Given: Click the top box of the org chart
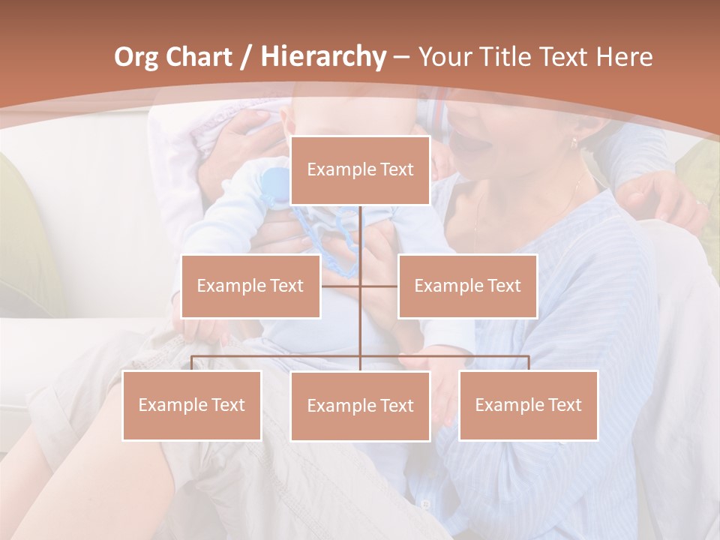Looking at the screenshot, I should point(360,170).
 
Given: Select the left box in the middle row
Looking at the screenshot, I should point(250,286).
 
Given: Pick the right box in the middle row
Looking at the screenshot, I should point(467,286).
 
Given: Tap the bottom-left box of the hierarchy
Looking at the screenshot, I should point(191,405).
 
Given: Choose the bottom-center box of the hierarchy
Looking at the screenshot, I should point(360,406).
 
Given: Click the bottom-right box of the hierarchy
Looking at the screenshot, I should point(528,405).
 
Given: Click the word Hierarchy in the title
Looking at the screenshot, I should point(322,57).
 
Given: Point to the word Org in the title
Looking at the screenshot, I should point(136,57).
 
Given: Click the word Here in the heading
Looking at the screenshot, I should point(624,57).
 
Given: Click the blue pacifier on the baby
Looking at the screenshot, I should point(275,184).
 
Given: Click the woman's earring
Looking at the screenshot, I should point(574,142).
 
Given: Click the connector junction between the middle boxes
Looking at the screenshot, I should point(360,286).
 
